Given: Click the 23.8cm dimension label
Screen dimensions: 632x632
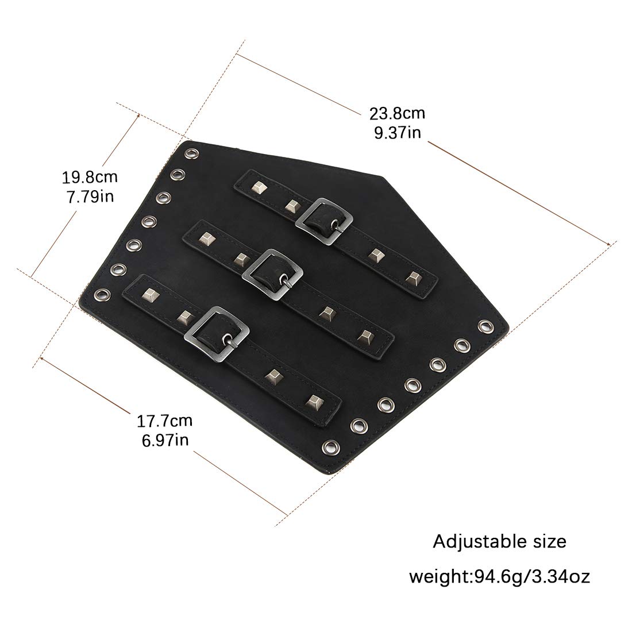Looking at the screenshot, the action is (397, 114).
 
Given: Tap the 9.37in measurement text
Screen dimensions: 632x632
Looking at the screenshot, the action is (398, 133).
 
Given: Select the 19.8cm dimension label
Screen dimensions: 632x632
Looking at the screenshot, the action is (90, 177).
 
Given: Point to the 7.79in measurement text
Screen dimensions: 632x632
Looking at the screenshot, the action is (90, 196).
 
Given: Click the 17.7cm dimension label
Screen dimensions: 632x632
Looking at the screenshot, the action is (165, 421).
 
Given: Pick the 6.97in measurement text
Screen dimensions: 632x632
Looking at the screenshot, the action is (165, 440).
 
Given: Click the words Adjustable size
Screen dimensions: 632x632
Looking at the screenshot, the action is (499, 542).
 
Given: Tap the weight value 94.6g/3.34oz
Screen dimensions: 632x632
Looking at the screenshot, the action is (531, 577).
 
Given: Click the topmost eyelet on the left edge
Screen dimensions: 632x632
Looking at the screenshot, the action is (191, 154).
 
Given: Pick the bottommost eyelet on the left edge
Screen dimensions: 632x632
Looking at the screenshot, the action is (101, 294).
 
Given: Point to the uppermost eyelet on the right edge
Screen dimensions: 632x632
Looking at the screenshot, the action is (485, 326).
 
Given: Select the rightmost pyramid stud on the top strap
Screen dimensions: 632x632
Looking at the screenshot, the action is (412, 278).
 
